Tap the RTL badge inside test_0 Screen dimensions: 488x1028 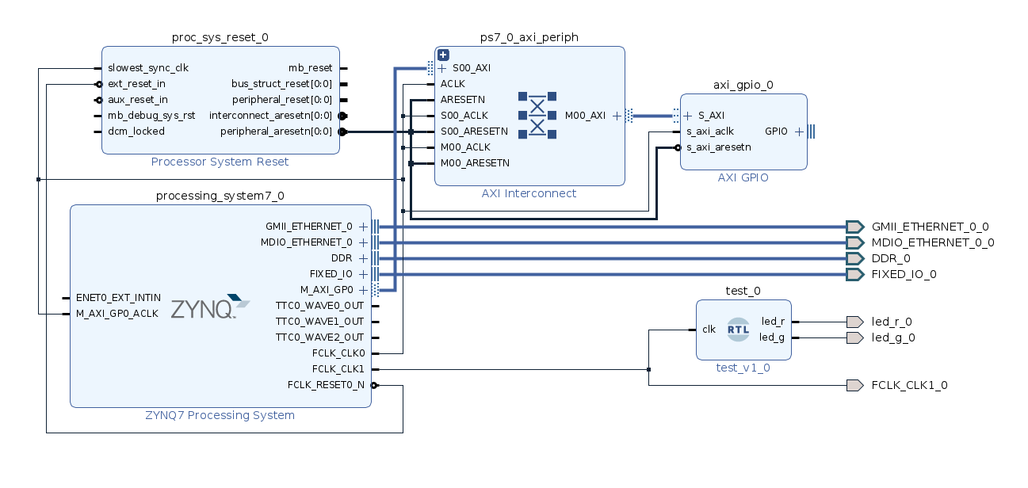[738, 330]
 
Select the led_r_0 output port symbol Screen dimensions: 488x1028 [854, 322]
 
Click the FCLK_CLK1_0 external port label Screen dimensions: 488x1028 [909, 386]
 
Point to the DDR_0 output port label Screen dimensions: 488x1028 [891, 258]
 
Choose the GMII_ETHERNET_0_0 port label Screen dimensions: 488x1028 [930, 227]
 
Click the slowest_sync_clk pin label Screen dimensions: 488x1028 [148, 68]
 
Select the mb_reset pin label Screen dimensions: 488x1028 [310, 68]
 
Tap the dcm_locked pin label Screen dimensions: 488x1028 [136, 132]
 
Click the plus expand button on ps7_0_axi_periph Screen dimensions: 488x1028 [444, 55]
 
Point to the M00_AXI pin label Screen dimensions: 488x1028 [585, 116]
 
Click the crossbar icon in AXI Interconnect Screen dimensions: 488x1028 [537, 116]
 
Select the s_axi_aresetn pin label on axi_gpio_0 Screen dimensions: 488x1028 [718, 147]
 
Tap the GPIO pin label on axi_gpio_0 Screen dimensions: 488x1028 [776, 132]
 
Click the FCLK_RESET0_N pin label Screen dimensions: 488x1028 [326, 385]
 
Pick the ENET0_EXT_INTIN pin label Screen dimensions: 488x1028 [118, 298]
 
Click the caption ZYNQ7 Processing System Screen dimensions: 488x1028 [220, 415]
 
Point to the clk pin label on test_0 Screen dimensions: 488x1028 [709, 330]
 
